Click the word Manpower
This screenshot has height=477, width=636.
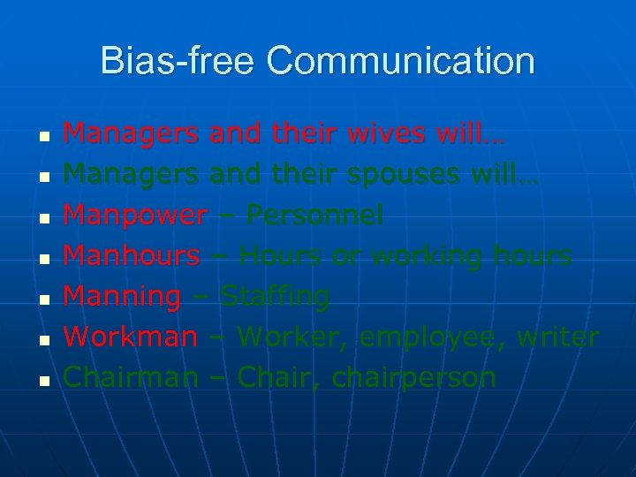(x=135, y=215)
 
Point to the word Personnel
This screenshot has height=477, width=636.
(x=314, y=215)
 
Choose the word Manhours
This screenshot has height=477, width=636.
(x=132, y=255)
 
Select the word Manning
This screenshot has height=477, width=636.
(x=123, y=296)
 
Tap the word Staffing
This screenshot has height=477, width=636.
(x=275, y=296)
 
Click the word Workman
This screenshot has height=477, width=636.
(x=131, y=337)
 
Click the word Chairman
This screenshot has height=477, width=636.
(x=131, y=377)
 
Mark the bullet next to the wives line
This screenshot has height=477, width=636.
(x=42, y=136)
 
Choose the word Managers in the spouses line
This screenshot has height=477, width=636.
(x=132, y=174)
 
